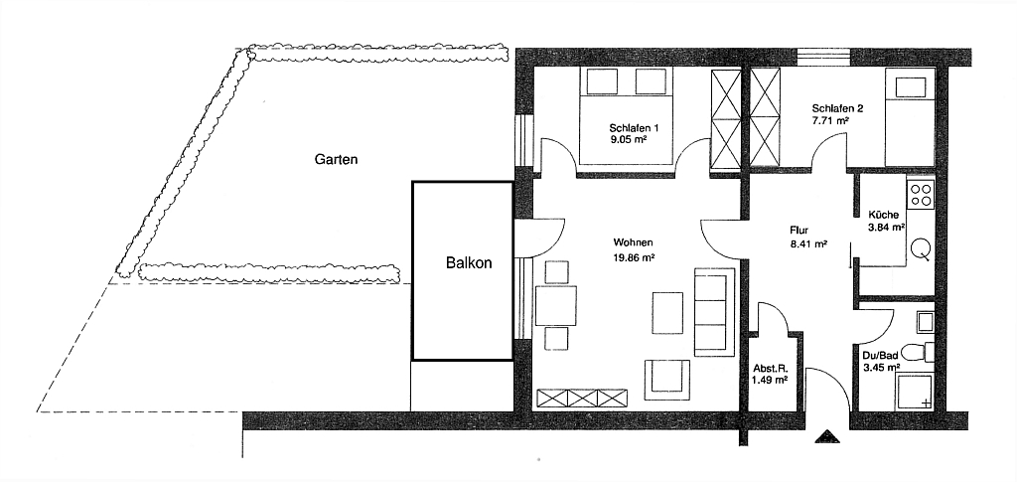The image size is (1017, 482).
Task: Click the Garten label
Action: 336,159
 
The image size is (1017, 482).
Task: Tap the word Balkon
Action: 469,262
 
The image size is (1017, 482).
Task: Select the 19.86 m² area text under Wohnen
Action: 634,257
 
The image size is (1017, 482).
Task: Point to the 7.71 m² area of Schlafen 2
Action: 830,121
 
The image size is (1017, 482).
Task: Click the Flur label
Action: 799,230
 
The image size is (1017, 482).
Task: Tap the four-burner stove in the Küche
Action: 921,194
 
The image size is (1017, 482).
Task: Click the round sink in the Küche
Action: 921,249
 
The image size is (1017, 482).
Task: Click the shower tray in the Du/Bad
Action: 915,392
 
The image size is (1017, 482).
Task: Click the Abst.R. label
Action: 770,368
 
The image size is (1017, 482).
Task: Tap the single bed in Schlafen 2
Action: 910,119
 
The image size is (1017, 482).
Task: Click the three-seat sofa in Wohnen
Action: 715,311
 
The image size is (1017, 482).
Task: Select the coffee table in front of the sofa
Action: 667,312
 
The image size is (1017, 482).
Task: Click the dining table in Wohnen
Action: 556,305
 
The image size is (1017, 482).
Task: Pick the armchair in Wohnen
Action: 666,379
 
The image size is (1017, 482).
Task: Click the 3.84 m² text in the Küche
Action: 887,227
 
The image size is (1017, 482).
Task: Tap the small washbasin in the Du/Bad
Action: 926,322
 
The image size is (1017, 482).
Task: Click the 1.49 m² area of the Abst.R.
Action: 770,380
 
